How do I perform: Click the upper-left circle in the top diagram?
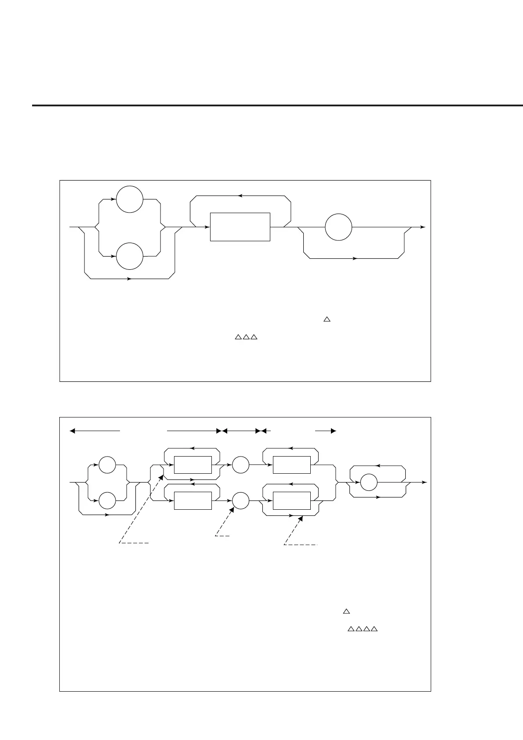pos(130,199)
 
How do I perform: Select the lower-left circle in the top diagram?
pos(130,256)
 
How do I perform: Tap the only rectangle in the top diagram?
pos(240,227)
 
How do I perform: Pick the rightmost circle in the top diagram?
pos(338,227)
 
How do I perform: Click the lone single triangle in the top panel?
pos(327,319)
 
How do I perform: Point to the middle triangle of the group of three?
pos(245,337)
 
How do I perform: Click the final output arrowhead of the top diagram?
pos(423,227)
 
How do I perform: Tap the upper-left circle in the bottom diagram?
pos(107,465)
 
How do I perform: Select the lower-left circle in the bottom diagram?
pos(107,501)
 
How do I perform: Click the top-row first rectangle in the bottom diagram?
pos(193,465)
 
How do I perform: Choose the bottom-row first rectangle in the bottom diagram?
pos(193,501)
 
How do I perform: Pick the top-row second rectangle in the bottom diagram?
pos(291,465)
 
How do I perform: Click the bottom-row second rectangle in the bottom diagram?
pos(291,501)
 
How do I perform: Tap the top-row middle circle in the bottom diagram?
pos(240,465)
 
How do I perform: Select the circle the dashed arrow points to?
pos(240,501)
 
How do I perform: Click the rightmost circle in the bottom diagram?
pos(369,482)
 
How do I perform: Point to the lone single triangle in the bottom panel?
pos(346,611)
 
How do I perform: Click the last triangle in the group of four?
pos(374,630)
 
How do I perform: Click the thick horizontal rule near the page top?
pos(277,105)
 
